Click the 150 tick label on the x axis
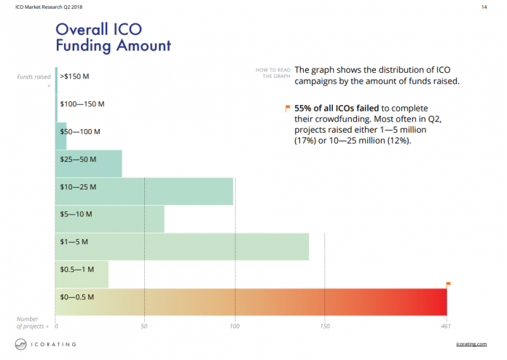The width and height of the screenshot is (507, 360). [324, 326]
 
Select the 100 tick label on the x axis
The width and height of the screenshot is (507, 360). [235, 326]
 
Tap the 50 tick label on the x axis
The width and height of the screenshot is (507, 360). [145, 326]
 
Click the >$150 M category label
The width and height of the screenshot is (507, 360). [75, 76]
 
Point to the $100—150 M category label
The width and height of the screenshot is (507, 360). [82, 104]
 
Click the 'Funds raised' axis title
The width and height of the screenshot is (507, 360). [34, 77]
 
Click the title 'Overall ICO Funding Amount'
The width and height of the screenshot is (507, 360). [113, 37]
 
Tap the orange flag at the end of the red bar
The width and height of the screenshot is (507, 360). [448, 284]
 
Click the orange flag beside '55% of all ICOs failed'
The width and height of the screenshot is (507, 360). [288, 109]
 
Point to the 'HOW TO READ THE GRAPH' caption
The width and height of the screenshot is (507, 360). [272, 73]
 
